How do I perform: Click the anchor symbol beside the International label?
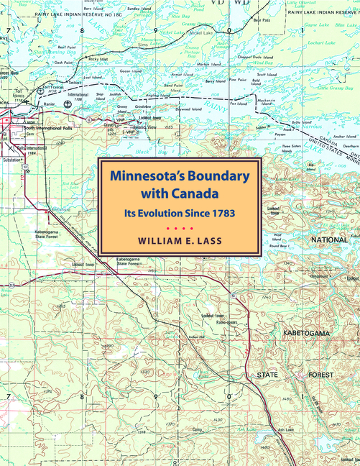[67, 103]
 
